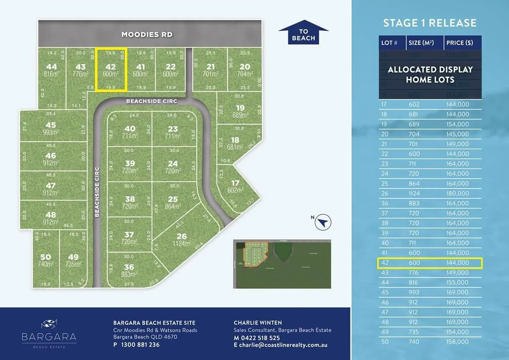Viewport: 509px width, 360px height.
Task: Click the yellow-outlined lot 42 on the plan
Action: tap(111, 70)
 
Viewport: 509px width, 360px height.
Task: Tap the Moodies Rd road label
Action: tap(148, 34)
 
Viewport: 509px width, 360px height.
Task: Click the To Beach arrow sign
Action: tap(303, 33)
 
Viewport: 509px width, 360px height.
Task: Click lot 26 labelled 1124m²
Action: tap(182, 240)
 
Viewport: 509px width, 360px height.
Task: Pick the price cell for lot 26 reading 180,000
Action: tap(457, 193)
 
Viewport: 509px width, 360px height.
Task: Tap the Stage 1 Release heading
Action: tap(429, 23)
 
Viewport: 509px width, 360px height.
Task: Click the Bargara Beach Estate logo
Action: tap(49, 331)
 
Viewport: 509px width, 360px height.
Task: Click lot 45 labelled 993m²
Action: tap(51, 129)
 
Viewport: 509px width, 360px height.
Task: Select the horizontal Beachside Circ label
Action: tap(151, 101)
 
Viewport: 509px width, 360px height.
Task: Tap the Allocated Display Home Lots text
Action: tap(430, 74)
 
